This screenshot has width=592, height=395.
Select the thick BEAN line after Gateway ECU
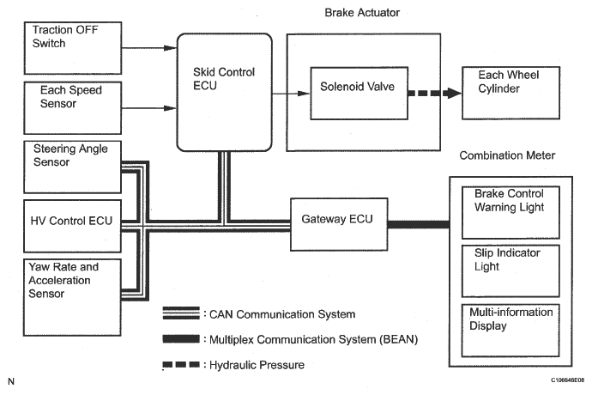click(418, 224)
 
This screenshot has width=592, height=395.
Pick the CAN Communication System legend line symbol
click(182, 314)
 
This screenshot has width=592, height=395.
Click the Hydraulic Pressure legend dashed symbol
click(182, 365)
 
